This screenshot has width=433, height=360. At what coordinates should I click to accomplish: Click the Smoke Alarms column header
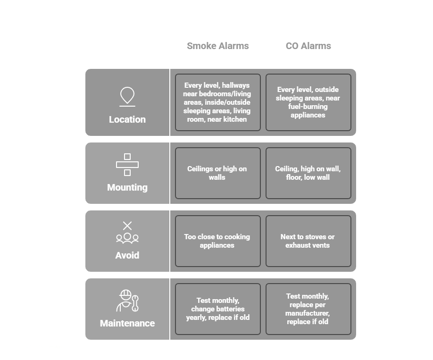[217, 46]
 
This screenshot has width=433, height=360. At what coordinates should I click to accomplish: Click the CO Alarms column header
[308, 46]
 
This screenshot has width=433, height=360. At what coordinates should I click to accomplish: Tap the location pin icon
[127, 96]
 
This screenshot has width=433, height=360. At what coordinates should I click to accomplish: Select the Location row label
[127, 119]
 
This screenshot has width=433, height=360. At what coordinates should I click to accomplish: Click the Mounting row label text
[127, 187]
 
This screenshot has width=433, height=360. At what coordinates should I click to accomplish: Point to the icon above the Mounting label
[127, 165]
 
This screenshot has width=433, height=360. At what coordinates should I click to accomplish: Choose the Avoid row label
[127, 255]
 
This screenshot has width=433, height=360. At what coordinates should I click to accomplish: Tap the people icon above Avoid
[127, 238]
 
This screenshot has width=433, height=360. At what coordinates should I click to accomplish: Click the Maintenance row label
[127, 323]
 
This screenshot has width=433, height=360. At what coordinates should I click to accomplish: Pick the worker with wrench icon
[127, 301]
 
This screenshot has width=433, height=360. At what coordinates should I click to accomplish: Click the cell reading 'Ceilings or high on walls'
[217, 173]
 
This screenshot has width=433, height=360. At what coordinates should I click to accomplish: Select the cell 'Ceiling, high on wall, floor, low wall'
[308, 173]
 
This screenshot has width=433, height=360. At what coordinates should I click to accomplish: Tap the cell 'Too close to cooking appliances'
[217, 241]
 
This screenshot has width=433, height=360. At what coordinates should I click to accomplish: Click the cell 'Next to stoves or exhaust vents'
[308, 241]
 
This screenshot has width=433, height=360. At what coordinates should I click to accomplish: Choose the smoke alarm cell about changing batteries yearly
[217, 309]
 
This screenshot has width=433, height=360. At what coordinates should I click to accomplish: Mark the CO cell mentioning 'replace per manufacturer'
[308, 309]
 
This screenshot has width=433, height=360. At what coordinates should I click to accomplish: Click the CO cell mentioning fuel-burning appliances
[308, 102]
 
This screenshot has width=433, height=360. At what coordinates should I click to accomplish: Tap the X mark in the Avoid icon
[127, 226]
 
